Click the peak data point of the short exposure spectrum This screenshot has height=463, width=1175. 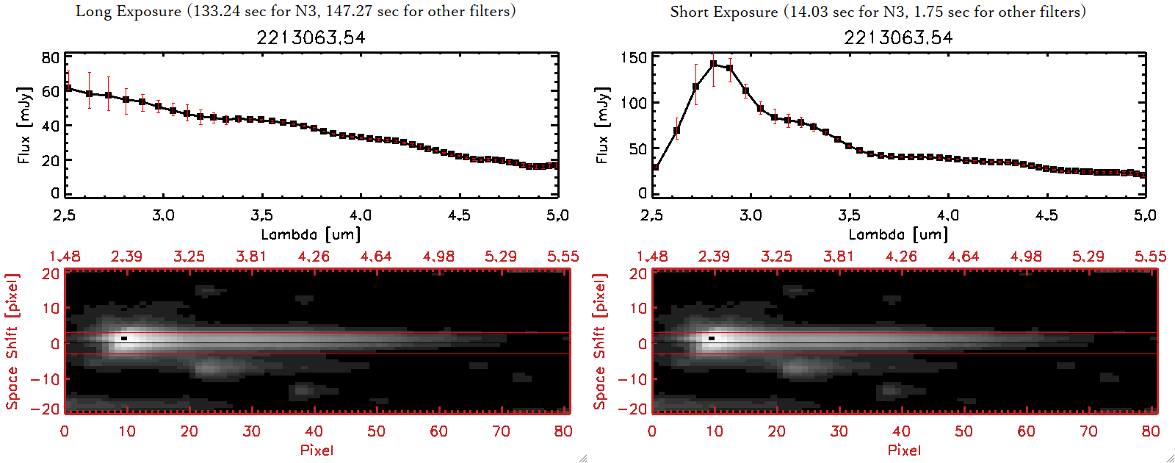713,64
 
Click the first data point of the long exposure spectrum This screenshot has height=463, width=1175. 68,88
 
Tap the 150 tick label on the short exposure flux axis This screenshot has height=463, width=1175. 634,58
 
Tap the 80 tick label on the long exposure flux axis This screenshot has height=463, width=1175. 51,58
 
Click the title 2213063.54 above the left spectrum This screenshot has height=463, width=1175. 311,37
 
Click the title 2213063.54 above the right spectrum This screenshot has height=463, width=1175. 898,37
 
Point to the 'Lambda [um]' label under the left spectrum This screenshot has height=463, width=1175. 311,234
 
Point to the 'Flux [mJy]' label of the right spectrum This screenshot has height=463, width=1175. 603,125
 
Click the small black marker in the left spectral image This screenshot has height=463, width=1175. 124,338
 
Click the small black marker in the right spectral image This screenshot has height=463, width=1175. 712,338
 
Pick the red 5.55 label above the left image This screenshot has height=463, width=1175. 563,256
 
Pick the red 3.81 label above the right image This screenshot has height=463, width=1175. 839,256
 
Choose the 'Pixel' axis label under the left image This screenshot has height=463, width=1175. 317,450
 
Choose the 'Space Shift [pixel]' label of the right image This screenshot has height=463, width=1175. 600,342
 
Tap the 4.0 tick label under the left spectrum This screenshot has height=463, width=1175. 360,215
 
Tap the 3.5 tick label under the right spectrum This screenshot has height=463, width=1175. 849,215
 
